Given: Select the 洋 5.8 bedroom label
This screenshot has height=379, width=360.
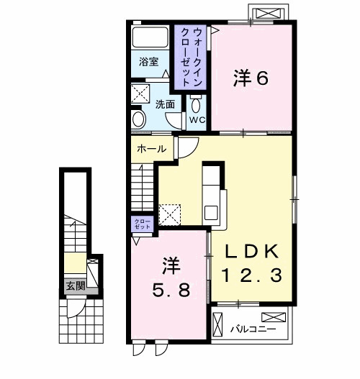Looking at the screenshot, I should tap(170, 277).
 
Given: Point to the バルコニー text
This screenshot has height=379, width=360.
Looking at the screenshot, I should tap(248, 329).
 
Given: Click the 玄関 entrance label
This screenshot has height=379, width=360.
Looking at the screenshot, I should tap(76, 285).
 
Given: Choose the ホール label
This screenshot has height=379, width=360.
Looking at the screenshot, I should tap(151, 150).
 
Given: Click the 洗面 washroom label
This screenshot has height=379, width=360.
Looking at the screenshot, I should tap(165, 104).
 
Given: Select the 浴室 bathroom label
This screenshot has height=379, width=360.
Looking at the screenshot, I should tap(149, 62).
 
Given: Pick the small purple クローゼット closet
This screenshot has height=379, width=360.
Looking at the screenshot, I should tap(141, 223).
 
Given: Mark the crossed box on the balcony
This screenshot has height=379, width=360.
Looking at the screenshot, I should tap(273, 317).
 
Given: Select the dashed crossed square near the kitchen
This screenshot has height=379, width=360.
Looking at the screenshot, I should tap(170, 214).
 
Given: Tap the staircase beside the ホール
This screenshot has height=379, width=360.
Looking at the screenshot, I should tap(143, 188).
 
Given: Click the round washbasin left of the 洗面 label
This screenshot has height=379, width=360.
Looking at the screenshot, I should tap(139, 120).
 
